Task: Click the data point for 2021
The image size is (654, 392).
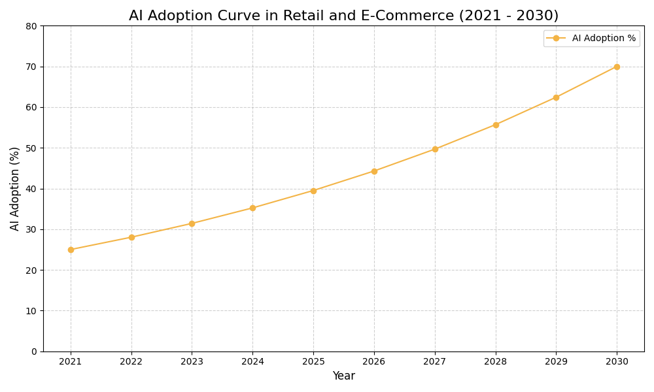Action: (71, 250)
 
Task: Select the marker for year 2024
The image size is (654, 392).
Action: (252, 208)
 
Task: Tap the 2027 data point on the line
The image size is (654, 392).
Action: (435, 149)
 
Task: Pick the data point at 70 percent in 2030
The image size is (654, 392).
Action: (617, 67)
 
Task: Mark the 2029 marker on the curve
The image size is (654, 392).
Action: (556, 97)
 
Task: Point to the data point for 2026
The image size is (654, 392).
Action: (374, 171)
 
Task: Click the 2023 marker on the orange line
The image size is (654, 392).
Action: (192, 223)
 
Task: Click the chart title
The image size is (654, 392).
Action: (343, 16)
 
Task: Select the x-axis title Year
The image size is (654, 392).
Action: (343, 376)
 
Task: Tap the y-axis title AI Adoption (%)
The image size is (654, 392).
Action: (15, 188)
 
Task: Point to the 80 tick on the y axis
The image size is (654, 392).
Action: (31, 26)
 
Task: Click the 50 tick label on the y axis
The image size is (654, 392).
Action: (31, 148)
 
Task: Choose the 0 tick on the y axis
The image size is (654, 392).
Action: (34, 351)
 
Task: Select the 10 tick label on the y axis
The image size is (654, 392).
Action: (31, 311)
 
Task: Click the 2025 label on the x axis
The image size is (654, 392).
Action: (313, 361)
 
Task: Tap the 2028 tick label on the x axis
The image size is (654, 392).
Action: (496, 361)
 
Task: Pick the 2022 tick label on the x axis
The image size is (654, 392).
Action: (131, 361)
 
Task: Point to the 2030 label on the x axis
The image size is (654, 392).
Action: (617, 361)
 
